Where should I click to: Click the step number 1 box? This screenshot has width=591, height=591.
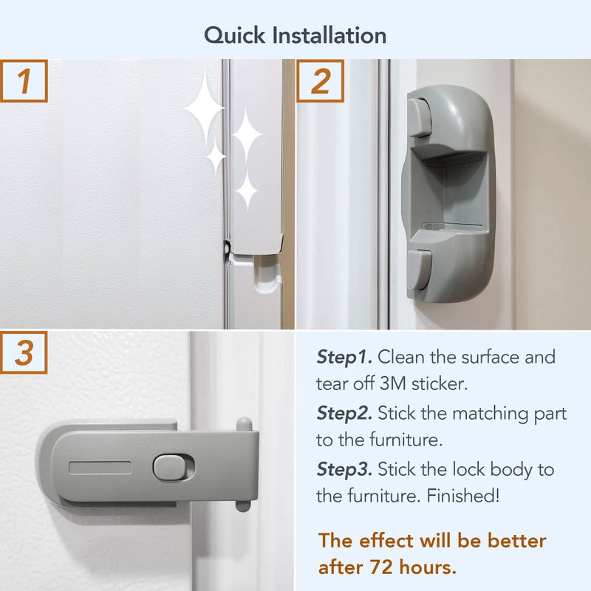tap(24, 82)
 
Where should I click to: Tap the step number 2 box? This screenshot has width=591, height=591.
tap(320, 82)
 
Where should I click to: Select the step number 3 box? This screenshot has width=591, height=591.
tap(24, 353)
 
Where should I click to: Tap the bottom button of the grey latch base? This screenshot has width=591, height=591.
tap(419, 270)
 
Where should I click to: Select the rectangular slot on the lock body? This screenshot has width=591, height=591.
tap(100, 468)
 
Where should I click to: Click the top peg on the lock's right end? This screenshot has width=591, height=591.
tap(244, 425)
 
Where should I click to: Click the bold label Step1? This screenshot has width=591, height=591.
tap(345, 358)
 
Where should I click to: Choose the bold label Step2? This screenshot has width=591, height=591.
tap(345, 413)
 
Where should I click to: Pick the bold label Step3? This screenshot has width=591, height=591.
tap(345, 469)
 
